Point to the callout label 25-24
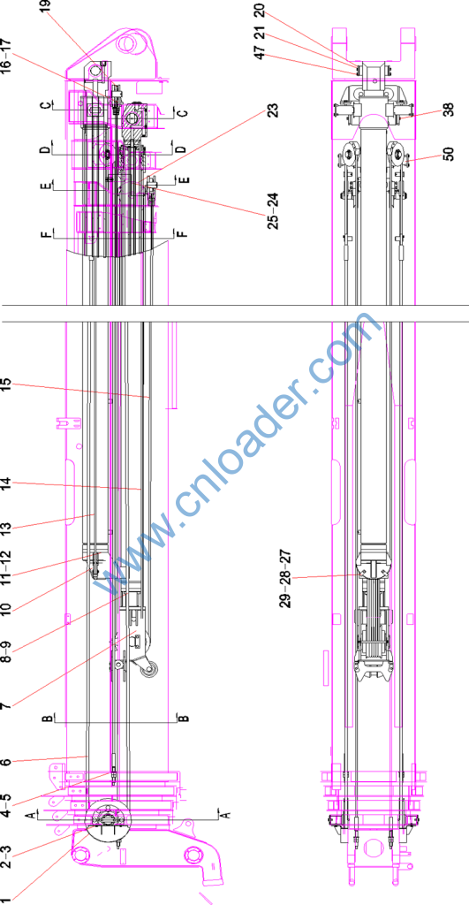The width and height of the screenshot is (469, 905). pos(273,210)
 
